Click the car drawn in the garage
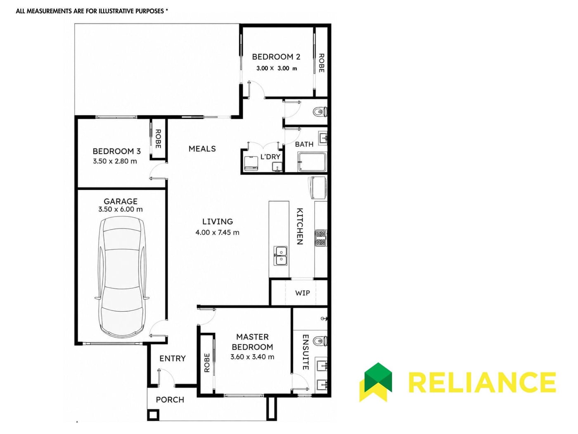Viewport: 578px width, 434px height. tap(122, 277)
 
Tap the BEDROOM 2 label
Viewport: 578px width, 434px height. tap(276, 57)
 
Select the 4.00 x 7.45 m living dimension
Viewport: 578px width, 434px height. tap(217, 232)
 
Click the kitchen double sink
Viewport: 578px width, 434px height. tap(280, 255)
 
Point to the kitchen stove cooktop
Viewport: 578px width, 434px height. tap(320, 238)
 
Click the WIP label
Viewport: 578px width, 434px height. tap(302, 293)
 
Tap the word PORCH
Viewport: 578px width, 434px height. tap(170, 400)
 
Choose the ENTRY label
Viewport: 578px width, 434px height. tap(173, 358)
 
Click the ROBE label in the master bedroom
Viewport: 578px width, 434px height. tap(207, 362)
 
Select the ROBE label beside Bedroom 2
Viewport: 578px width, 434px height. tap(321, 63)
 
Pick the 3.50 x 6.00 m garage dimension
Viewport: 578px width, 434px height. tap(120, 209)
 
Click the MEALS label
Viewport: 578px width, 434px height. tap(202, 149)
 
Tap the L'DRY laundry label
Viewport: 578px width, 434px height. tap(270, 157)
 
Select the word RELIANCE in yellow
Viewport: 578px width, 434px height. tap(482, 382)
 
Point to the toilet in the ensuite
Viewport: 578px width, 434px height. tap(320, 341)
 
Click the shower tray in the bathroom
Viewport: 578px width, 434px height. tap(312, 162)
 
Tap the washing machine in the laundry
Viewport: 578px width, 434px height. tap(251, 164)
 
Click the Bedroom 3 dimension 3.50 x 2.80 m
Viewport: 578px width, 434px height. tap(115, 161)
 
